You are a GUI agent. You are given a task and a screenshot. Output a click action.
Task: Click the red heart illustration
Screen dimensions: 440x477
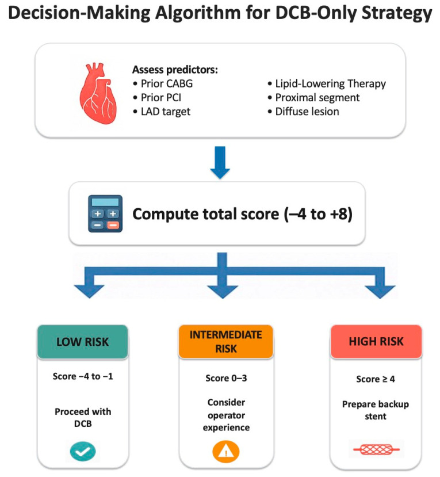click(98, 93)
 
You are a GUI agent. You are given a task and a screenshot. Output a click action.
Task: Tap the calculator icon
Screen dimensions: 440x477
click(105, 213)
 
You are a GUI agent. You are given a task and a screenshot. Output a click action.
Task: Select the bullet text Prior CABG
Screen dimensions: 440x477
click(163, 83)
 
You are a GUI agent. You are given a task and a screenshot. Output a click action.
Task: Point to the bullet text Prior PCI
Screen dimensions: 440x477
click(157, 98)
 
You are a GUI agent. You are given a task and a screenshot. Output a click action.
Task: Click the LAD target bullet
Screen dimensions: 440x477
click(162, 112)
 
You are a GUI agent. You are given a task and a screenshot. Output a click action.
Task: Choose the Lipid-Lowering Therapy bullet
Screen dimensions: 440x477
click(327, 83)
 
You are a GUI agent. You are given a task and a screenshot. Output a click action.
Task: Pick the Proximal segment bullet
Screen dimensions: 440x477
click(313, 98)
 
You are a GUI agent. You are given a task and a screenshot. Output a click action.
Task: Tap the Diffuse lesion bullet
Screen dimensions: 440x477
click(303, 112)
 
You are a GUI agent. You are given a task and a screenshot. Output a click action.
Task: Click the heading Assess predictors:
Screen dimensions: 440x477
click(175, 70)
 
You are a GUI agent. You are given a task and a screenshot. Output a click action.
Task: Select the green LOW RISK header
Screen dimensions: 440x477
click(83, 342)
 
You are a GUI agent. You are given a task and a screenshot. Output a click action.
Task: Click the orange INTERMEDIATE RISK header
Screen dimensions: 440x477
click(225, 341)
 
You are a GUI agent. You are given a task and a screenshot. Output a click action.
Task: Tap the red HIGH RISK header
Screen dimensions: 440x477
click(376, 341)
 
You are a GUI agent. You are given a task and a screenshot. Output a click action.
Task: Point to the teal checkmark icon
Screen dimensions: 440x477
click(83, 452)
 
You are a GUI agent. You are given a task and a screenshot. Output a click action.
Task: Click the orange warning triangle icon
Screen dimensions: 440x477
click(226, 452)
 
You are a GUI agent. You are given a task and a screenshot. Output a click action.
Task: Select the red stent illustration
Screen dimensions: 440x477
click(377, 449)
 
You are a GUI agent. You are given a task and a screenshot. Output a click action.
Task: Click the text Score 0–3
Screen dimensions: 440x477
click(226, 378)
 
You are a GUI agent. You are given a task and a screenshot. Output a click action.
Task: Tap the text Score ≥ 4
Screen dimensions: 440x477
click(376, 379)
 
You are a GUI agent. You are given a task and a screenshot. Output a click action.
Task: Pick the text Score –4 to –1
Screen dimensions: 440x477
click(83, 376)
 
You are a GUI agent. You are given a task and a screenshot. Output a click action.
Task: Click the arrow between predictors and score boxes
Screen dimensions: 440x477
click(220, 162)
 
